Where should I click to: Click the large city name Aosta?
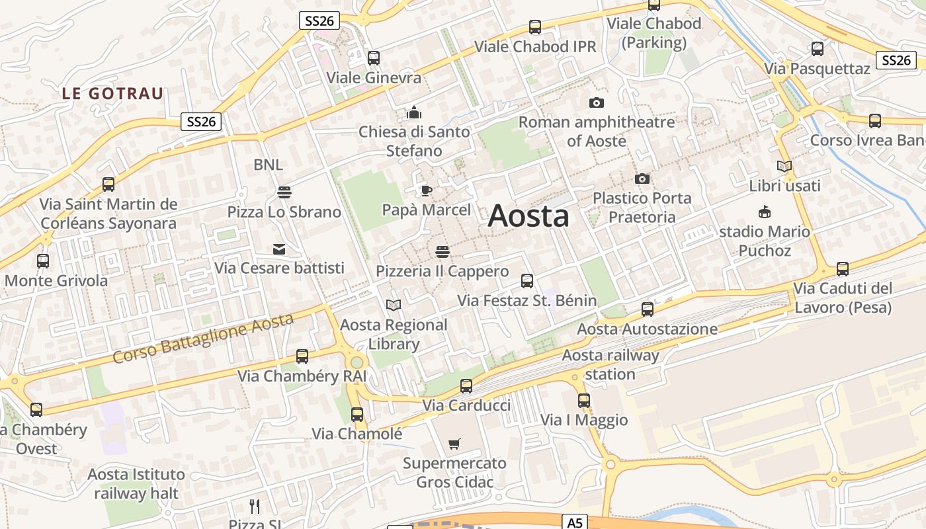[x=528, y=216]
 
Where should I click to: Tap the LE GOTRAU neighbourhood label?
[x=112, y=94]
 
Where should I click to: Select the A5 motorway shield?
[x=575, y=522]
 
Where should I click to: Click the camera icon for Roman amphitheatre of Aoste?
[x=597, y=103]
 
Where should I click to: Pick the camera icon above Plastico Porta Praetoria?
[x=642, y=179]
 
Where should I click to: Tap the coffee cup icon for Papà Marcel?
[x=427, y=191]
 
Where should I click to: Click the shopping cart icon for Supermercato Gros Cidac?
[x=454, y=444]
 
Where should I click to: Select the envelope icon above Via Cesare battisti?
[x=279, y=249]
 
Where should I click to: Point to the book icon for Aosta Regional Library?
[x=394, y=305]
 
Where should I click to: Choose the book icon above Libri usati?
[x=784, y=167]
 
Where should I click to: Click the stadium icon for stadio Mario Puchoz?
[x=765, y=212]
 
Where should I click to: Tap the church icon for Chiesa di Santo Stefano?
[x=414, y=112]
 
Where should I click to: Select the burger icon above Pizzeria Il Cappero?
[x=442, y=252]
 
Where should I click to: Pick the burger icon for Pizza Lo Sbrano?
[x=284, y=192]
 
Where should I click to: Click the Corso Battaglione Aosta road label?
[x=203, y=339]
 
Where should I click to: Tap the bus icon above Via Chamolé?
[x=357, y=415]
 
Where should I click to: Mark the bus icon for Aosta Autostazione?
[x=648, y=309]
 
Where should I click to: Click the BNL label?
[x=268, y=165]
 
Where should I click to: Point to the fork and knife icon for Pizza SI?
[x=255, y=507]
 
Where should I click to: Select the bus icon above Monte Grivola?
[x=43, y=261]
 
